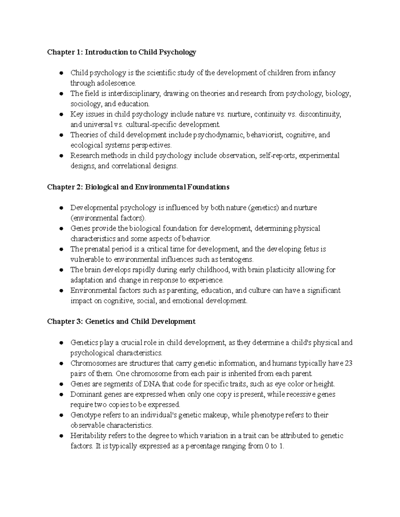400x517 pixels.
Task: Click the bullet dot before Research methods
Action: click(61, 156)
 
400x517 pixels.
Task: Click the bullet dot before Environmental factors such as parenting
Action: click(61, 291)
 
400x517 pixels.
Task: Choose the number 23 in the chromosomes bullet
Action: click(348, 363)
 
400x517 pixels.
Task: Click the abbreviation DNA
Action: click(152, 384)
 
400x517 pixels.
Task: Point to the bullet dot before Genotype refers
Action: click(61, 415)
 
